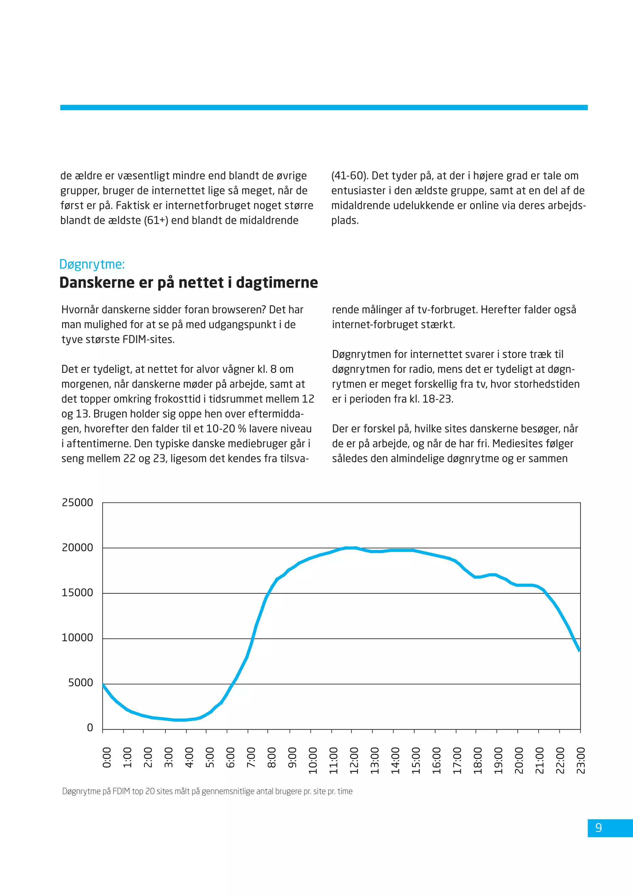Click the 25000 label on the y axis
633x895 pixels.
coord(78,503)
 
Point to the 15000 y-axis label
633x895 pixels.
coord(78,592)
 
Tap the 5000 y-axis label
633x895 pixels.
coord(81,683)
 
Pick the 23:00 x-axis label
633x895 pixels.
coord(581,760)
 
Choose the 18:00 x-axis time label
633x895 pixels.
coord(478,760)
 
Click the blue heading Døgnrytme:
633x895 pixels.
coord(92,264)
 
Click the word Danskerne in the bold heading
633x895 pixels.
coord(97,282)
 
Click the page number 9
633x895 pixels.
coord(599,827)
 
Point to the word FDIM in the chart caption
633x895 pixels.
coord(121,791)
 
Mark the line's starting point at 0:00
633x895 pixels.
coord(103,685)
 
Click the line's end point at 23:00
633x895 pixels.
coord(580,651)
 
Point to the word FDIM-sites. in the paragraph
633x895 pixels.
coord(148,340)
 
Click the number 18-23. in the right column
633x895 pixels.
coord(438,399)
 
